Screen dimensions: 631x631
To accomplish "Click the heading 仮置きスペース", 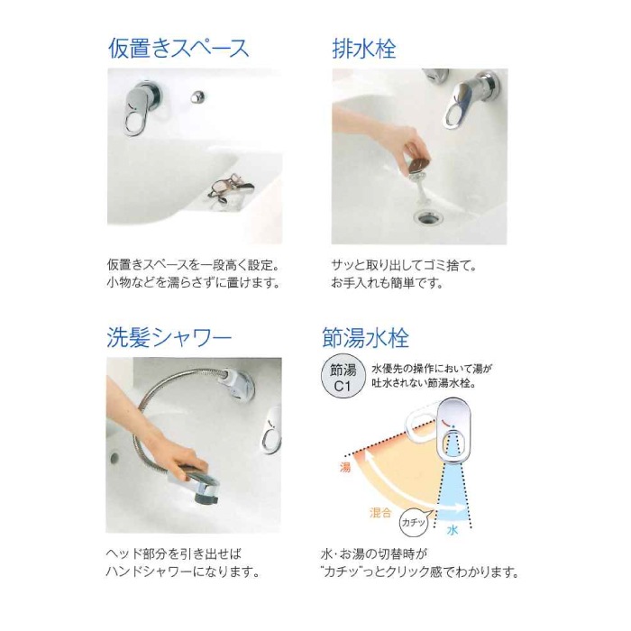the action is point(178,49).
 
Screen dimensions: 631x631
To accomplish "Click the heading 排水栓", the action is point(364,49).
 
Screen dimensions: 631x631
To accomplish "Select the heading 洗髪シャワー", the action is point(169,337).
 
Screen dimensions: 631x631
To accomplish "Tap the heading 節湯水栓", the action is point(365,337).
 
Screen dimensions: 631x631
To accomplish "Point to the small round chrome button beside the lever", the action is point(197,96).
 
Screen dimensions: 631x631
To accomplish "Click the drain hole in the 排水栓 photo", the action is point(428,217).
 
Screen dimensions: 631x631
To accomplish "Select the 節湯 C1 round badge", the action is point(342,379).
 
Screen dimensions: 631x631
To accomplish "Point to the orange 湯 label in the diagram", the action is point(345,468).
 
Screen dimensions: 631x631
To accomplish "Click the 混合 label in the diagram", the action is point(380,513).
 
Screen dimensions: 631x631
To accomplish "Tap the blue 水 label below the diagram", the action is point(453,530).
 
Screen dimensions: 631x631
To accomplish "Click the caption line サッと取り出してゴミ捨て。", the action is point(405,265).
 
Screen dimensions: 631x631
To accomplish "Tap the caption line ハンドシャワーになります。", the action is point(183,572).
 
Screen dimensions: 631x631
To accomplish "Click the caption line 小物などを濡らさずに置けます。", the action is point(194,283).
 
